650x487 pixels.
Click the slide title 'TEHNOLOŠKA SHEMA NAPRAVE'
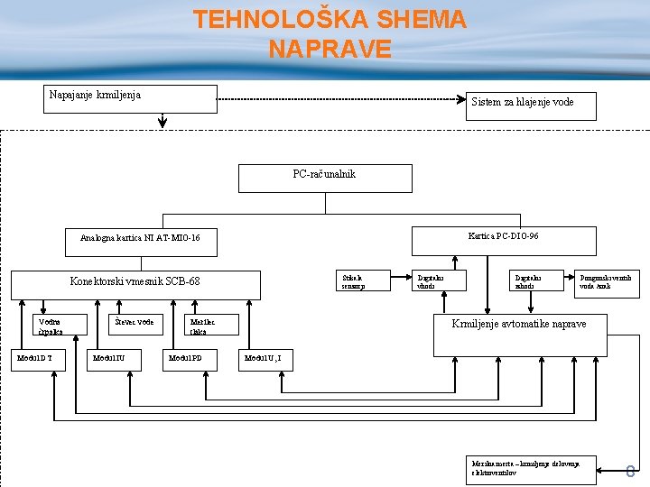click(330, 33)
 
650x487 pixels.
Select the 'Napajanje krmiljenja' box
click(132, 98)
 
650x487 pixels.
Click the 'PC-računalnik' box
click(324, 179)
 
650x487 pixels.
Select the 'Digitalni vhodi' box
click(440, 281)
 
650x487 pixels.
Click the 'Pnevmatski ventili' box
click(607, 281)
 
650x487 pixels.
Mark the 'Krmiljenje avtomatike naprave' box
click(519, 324)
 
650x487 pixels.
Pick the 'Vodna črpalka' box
click(60, 324)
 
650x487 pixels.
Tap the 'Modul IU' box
click(115, 360)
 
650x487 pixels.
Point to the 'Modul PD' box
click(191, 360)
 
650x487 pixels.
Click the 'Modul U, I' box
click(265, 360)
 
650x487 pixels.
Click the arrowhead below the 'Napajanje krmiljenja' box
click(162, 124)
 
